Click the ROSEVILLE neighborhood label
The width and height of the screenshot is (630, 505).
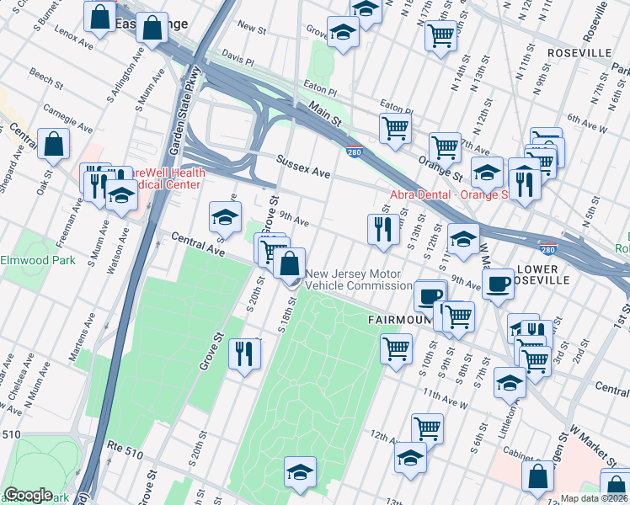click(x=579, y=52)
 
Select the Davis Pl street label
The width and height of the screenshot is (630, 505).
click(x=238, y=61)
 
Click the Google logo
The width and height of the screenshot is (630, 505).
click(x=28, y=495)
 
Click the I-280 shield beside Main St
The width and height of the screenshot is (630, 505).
click(x=354, y=151)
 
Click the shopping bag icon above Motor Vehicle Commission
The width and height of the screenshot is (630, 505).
click(x=289, y=263)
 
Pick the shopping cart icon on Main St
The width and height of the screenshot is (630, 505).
click(x=394, y=128)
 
